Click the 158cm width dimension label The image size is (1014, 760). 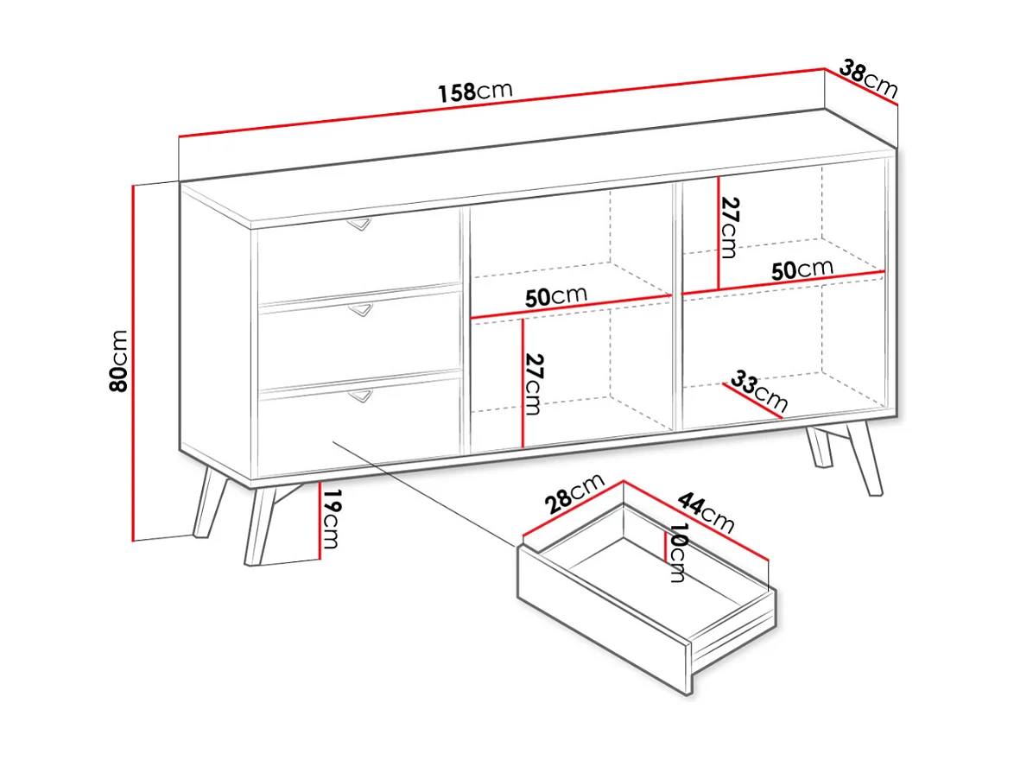click(475, 92)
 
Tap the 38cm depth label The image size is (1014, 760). click(869, 79)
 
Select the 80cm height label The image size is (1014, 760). click(119, 360)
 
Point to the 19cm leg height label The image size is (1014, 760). click(331, 519)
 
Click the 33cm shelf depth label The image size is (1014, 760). click(758, 390)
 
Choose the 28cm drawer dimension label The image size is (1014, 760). click(574, 493)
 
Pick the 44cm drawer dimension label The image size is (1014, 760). click(707, 513)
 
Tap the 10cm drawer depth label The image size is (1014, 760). click(677, 553)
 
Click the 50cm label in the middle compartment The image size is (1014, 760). click(555, 296)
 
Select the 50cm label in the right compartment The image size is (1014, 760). click(802, 269)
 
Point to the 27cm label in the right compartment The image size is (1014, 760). click(730, 227)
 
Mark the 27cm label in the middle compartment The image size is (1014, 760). click(534, 383)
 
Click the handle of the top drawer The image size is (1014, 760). click(359, 224)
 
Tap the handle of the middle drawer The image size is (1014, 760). click(361, 310)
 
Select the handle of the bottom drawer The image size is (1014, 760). click(361, 395)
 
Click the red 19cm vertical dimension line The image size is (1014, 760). click(320, 521)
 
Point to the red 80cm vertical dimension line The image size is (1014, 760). click(132, 363)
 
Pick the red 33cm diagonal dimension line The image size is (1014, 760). click(753, 401)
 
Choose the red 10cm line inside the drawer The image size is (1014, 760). click(665, 548)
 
